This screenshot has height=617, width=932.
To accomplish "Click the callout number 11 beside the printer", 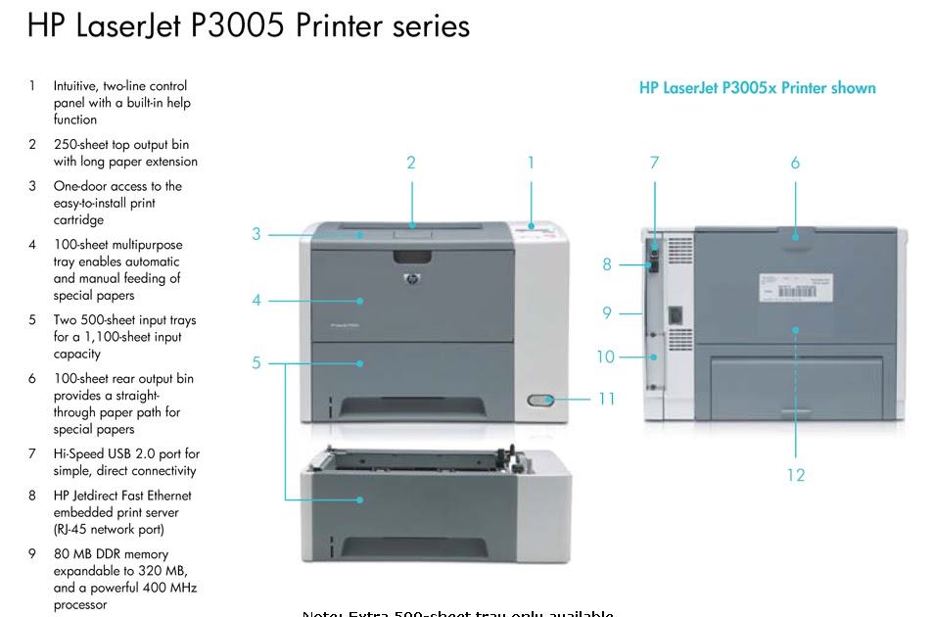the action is pyautogui.click(x=606, y=400).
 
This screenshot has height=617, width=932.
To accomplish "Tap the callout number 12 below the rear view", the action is pyautogui.click(x=795, y=475).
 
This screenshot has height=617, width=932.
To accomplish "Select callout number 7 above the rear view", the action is pyautogui.click(x=655, y=163).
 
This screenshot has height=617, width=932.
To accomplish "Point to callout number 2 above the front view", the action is pyautogui.click(x=411, y=163).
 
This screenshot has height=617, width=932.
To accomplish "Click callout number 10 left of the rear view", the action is pyautogui.click(x=606, y=356).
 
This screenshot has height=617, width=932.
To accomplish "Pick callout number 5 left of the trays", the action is pyautogui.click(x=256, y=362).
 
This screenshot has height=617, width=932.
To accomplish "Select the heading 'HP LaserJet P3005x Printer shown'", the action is pyautogui.click(x=757, y=88).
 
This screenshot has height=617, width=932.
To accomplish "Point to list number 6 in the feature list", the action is pyautogui.click(x=32, y=378).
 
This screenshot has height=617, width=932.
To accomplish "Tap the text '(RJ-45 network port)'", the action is pyautogui.click(x=116, y=529).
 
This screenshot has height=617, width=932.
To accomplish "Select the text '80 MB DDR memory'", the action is pyautogui.click(x=111, y=554).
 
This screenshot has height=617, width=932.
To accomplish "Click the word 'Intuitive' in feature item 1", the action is pyautogui.click(x=77, y=86).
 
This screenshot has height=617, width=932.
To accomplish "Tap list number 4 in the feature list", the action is pyautogui.click(x=32, y=245).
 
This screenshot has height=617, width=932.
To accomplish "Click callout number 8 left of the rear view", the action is pyautogui.click(x=607, y=264).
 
